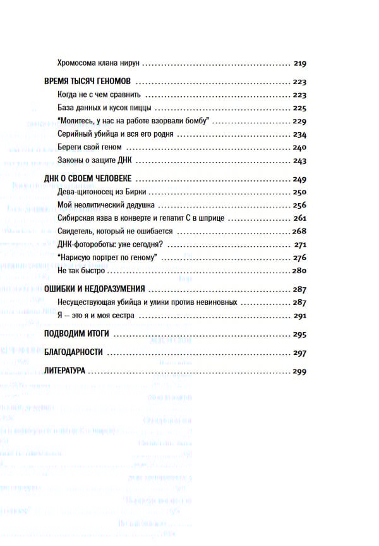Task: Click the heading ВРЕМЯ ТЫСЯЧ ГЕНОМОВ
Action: tap(88, 82)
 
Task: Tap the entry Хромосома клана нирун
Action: tap(98, 64)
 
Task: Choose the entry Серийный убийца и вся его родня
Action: tap(115, 135)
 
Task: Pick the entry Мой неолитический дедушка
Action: tap(105, 206)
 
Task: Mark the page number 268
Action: tap(299, 232)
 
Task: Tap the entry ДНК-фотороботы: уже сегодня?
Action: tap(111, 245)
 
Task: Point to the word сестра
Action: tap(124, 316)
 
